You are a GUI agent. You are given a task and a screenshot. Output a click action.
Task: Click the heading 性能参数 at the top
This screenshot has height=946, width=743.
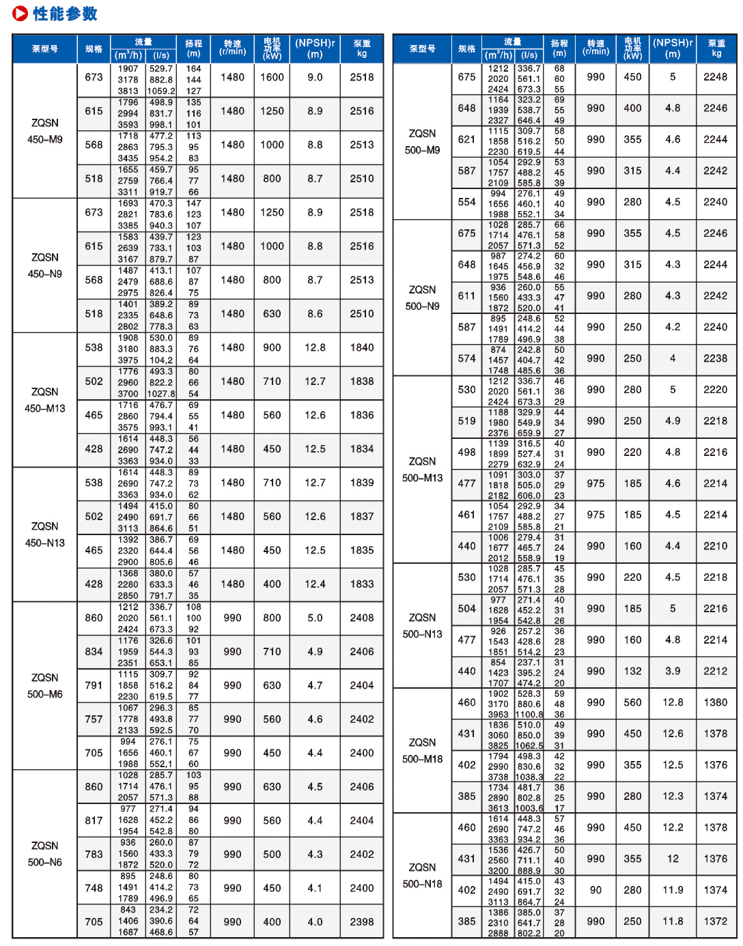tap(65, 14)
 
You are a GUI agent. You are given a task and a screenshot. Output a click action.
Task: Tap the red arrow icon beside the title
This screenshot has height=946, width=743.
tap(20, 14)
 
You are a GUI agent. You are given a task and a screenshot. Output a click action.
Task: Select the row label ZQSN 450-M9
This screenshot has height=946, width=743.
tap(45, 131)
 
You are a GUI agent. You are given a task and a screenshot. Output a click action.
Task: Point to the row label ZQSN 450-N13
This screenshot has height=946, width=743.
tap(45, 534)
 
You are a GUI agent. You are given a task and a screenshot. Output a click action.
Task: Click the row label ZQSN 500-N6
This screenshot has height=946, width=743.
tap(45, 854)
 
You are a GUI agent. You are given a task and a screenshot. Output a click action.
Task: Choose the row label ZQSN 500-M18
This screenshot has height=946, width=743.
tap(422, 751)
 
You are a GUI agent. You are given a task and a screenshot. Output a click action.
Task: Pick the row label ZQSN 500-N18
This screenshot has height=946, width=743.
tap(422, 876)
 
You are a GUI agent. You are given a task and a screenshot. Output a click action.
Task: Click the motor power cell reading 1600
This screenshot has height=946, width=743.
tap(272, 78)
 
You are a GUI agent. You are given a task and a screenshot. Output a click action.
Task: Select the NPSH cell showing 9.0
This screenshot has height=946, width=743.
tap(315, 78)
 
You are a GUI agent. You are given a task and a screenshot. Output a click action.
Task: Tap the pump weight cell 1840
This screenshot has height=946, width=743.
tap(362, 347)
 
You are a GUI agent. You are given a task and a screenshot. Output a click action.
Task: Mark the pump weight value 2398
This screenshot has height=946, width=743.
tap(362, 921)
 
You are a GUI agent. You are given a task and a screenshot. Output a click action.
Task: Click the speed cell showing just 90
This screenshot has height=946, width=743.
tap(595, 890)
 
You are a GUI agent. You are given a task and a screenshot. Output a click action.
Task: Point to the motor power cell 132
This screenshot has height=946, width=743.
tap(632, 671)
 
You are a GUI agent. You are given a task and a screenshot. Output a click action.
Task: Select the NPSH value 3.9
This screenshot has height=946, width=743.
tap(673, 671)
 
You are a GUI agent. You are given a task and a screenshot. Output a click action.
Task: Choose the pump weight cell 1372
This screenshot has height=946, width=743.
tap(716, 921)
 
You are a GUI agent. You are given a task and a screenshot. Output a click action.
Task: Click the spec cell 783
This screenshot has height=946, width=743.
tap(94, 854)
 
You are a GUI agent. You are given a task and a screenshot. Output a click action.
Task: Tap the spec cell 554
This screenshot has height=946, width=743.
tap(467, 202)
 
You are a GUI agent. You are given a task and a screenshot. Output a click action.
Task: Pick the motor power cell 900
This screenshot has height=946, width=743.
tap(272, 347)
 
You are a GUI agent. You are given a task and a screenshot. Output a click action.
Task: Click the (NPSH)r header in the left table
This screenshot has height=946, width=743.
tap(315, 48)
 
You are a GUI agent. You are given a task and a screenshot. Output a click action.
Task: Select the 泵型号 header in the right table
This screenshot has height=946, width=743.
tap(422, 48)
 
